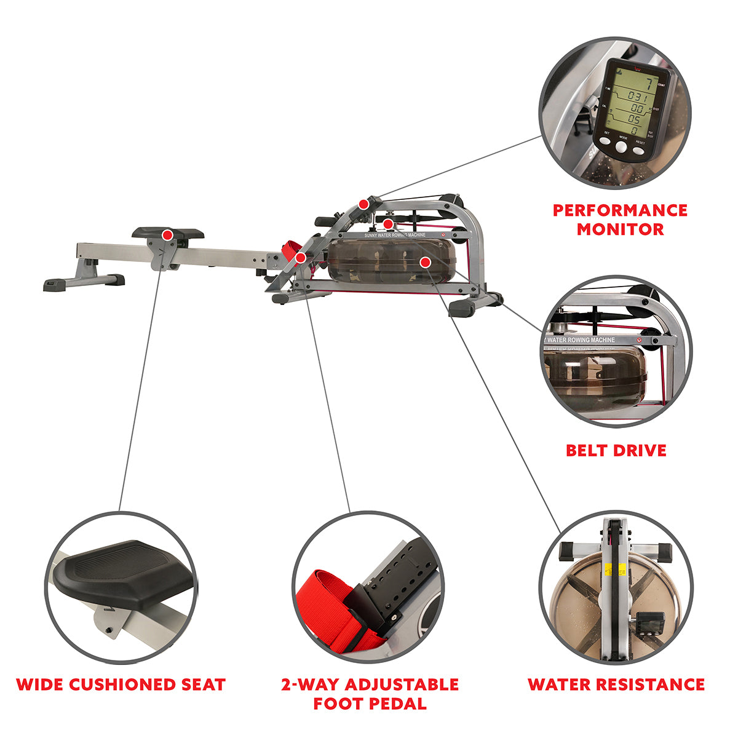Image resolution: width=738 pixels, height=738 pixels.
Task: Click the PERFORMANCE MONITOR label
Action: [620, 220]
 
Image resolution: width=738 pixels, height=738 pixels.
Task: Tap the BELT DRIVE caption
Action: [616, 450]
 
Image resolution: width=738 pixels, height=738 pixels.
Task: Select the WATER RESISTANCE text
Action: [616, 684]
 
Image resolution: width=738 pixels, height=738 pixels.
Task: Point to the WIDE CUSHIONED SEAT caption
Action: [121, 684]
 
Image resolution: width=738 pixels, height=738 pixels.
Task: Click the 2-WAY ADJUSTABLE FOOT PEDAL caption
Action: [370, 694]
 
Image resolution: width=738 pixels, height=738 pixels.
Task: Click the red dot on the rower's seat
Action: [167, 235]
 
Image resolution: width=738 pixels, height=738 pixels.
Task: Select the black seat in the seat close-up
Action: [123, 572]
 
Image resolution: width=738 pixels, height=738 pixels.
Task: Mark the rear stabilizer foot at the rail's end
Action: [83, 282]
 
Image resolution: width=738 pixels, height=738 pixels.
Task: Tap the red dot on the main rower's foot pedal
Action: [300, 258]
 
